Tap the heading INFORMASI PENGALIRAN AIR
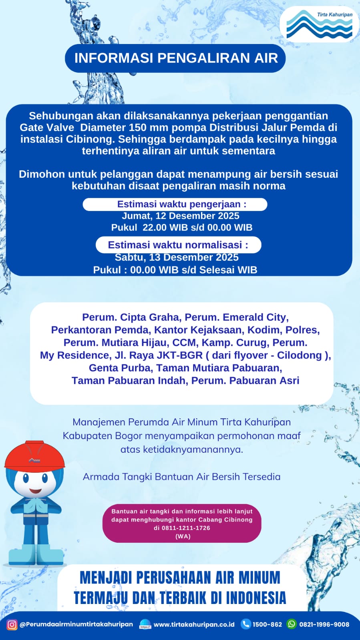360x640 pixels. click(176, 58)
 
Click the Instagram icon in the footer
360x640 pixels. click(12, 624)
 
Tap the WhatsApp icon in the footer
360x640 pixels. click(292, 624)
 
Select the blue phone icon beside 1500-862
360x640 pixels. click(245, 624)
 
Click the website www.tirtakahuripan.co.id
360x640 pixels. click(194, 624)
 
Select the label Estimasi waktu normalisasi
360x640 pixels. click(178, 245)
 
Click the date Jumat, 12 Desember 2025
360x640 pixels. click(181, 216)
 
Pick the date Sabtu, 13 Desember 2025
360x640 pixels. click(177, 257)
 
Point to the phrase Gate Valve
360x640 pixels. click(47, 128)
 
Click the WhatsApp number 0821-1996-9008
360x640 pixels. click(324, 624)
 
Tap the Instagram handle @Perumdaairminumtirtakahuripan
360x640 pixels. click(76, 624)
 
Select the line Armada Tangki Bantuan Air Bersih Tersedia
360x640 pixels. click(181, 477)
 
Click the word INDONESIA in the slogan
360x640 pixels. click(256, 598)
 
